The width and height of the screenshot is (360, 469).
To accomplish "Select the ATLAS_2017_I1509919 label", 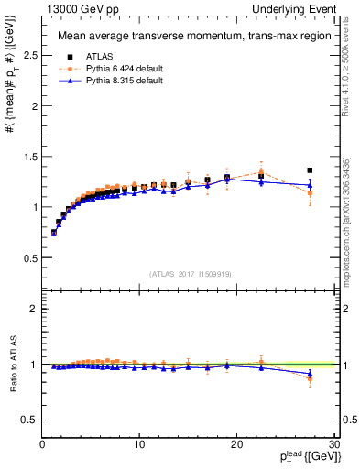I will pos(190,273).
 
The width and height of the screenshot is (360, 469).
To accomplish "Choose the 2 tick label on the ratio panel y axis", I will pos(34,309).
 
